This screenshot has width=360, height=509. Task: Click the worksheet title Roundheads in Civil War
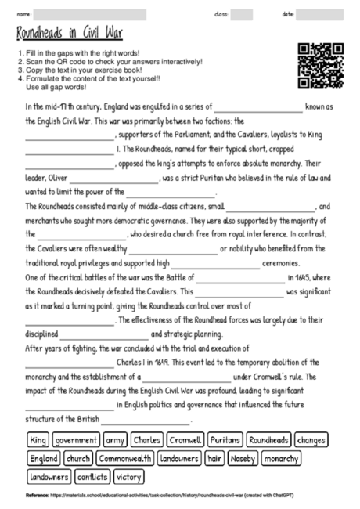(68, 34)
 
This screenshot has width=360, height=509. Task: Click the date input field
(321, 14)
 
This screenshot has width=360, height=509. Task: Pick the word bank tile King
(38, 440)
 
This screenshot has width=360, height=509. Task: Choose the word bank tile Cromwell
(185, 440)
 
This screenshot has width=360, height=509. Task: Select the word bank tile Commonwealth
(125, 458)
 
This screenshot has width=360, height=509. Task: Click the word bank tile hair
(215, 458)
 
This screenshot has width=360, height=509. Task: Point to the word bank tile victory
(128, 476)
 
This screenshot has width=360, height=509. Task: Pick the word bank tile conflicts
(92, 476)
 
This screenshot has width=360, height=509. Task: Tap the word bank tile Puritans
(225, 440)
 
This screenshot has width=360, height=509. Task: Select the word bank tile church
(78, 458)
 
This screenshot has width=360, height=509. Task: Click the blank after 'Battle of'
(239, 278)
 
